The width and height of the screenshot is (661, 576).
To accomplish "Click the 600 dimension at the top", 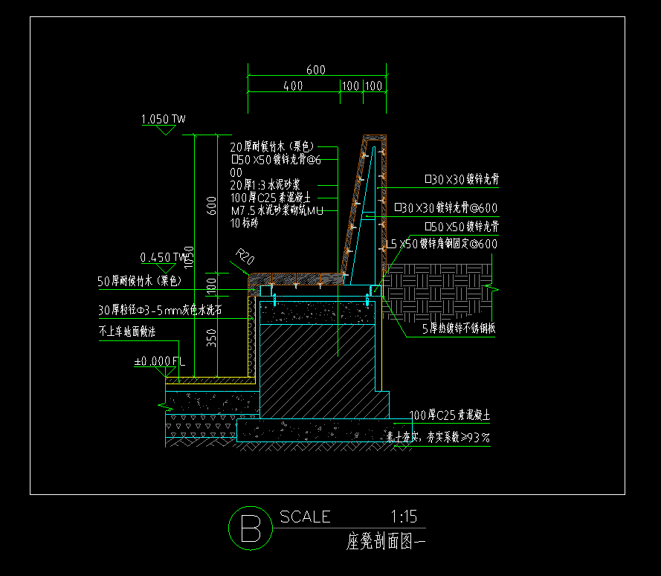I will [315, 70].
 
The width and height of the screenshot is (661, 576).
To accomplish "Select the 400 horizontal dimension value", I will [293, 86].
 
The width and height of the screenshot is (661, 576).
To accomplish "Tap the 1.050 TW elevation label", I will [162, 119].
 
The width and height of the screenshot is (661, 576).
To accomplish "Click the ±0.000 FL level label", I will [158, 362].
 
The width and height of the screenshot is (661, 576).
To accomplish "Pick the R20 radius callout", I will [245, 259].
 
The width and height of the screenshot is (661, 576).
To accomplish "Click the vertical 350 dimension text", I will [211, 338].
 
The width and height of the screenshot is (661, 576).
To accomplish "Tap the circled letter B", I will [248, 527].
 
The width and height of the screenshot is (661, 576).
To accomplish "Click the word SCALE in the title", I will [305, 517].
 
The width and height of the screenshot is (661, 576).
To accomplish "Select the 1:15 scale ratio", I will [404, 517].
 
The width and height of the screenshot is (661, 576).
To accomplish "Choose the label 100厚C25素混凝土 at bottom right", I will [449, 415].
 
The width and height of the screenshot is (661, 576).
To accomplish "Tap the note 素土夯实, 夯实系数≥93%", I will [439, 438].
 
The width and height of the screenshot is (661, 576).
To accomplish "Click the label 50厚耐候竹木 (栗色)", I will [140, 281].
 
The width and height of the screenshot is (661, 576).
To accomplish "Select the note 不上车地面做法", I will [127, 332].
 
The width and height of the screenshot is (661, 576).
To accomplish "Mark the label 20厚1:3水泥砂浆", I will [265, 184].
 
